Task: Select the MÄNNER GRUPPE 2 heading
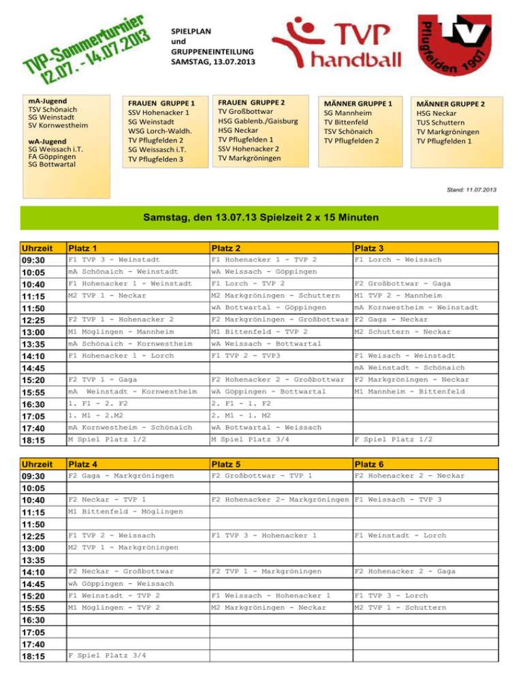point(451,104)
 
